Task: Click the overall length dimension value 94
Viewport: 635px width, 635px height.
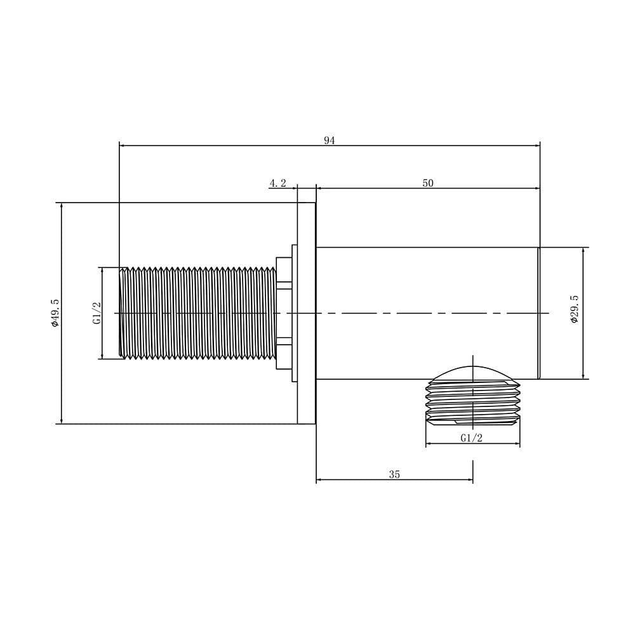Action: (x=329, y=140)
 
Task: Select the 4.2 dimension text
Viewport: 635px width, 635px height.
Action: (x=277, y=183)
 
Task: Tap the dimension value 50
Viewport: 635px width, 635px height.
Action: (x=428, y=183)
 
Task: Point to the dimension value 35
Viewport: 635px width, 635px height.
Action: (x=394, y=474)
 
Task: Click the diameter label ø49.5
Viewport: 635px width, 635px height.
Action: (x=55, y=312)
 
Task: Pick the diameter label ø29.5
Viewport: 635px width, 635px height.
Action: (x=575, y=309)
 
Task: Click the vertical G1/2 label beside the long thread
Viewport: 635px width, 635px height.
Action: (x=97, y=313)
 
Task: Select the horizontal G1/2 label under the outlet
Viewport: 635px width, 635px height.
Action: (x=471, y=438)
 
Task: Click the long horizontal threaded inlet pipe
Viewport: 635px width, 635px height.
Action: (x=197, y=313)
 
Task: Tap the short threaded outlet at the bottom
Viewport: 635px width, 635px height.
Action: (x=473, y=403)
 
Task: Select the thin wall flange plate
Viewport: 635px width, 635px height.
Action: (x=306, y=313)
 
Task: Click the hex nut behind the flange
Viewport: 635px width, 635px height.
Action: (x=284, y=313)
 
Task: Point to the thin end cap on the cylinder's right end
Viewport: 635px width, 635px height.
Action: (x=539, y=313)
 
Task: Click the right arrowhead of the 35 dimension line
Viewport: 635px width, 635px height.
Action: (x=469, y=480)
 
